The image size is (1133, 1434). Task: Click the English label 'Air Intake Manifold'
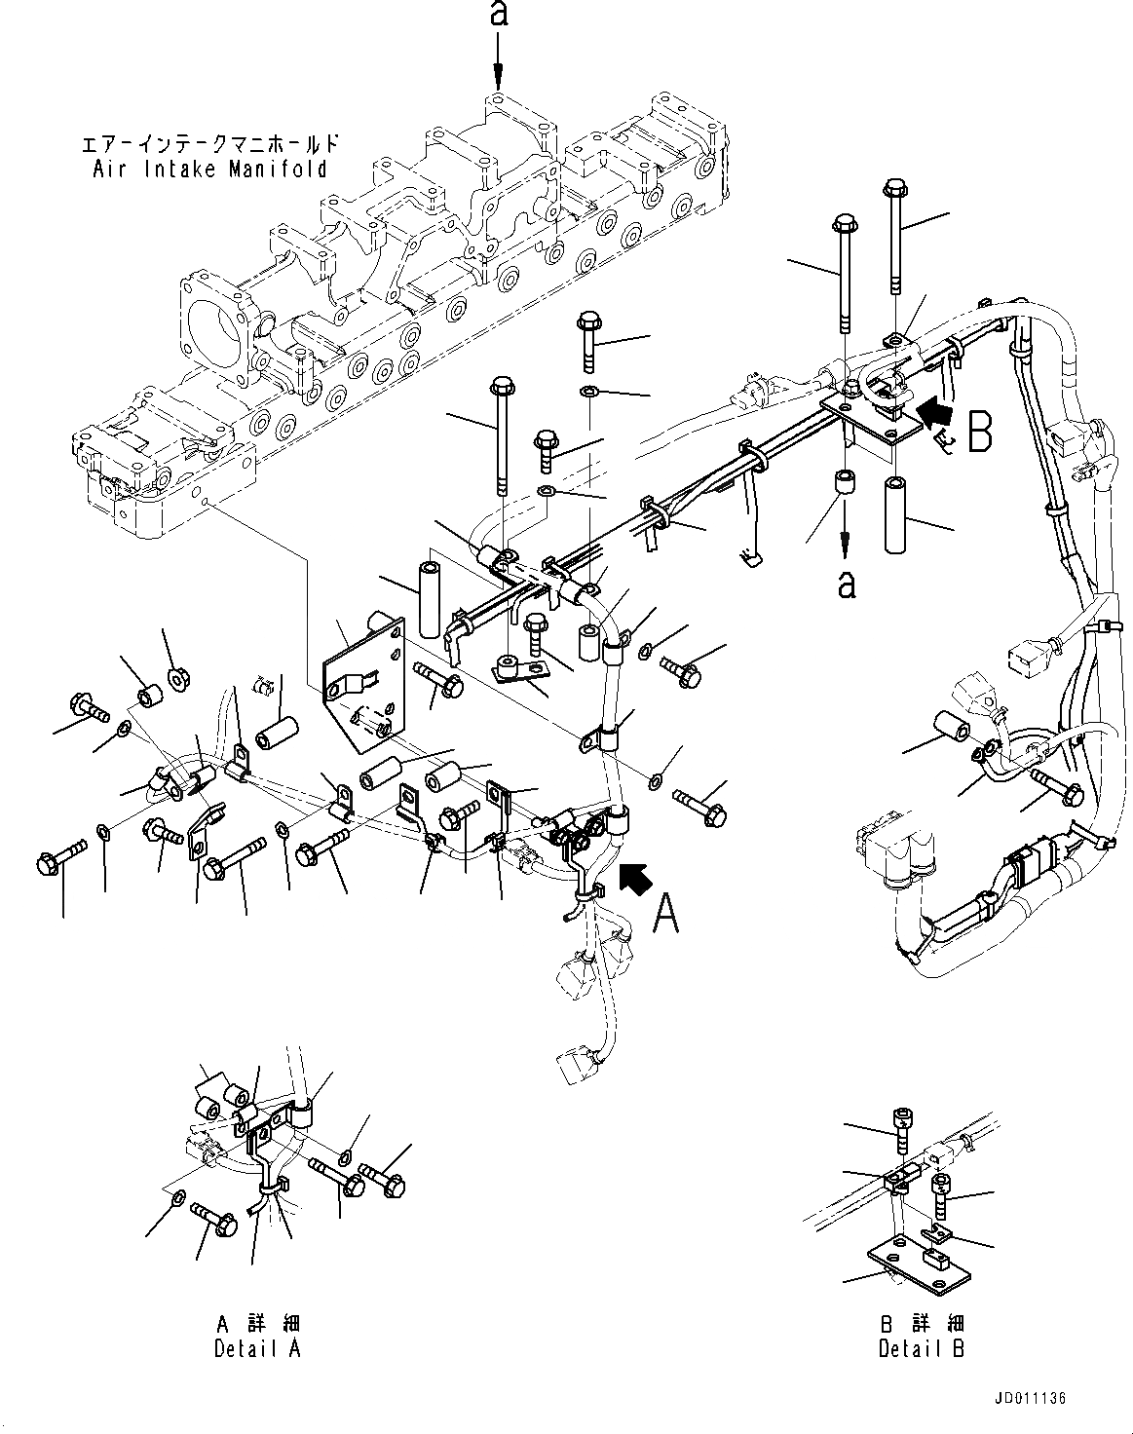point(210,169)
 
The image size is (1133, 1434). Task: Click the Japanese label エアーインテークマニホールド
point(210,144)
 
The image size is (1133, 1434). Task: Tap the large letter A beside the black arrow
point(665,913)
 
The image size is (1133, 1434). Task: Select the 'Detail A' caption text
point(257,1348)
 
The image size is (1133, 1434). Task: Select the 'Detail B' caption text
point(921,1349)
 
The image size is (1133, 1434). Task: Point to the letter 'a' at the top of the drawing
point(498,16)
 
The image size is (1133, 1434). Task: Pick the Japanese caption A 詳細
point(257,1325)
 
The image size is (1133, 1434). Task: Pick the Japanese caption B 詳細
point(921,1325)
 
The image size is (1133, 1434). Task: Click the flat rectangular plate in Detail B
point(921,1267)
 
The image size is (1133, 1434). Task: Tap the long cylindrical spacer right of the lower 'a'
point(897,512)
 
